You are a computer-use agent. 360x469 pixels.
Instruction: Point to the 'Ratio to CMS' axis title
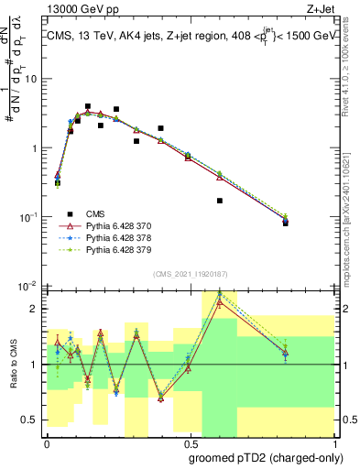12,365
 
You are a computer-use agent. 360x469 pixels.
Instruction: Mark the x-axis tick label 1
333,442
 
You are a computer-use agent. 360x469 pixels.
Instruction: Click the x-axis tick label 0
47,442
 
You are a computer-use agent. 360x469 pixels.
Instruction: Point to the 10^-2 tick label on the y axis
28,286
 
